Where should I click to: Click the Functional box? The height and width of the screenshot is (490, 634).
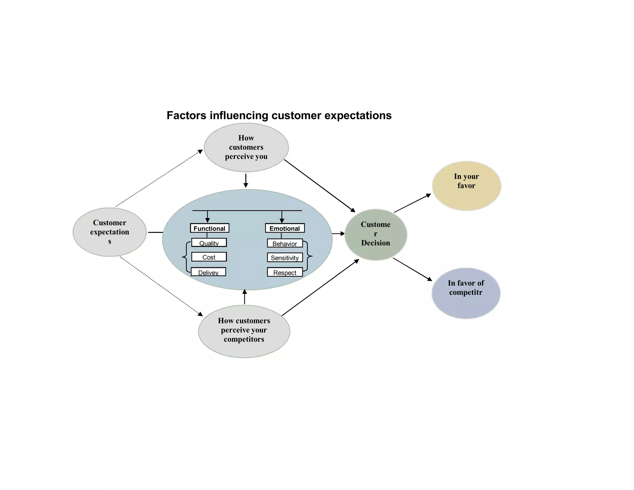coord(210,228)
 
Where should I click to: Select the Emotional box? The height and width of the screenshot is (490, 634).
coord(285,228)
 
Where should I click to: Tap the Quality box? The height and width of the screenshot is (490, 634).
coord(209,243)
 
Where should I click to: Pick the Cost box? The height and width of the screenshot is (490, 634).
coord(209,257)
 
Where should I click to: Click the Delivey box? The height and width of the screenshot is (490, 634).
coord(208,272)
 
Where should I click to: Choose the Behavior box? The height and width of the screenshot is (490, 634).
coord(285,243)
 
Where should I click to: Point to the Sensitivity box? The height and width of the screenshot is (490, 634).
coord(285,258)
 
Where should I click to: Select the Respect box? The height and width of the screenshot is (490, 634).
coord(285,272)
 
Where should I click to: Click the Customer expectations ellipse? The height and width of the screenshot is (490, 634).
coord(110,232)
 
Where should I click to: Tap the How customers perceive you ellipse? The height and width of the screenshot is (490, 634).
coord(246,147)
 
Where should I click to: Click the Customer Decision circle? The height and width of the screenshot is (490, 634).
coord(376,234)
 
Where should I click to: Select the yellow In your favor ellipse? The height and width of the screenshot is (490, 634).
coord(466,186)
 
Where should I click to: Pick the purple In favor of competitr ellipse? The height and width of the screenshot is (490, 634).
coord(466,293)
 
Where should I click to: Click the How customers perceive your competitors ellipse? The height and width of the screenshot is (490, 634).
coord(244,331)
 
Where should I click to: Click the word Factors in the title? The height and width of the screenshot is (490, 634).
coord(186,116)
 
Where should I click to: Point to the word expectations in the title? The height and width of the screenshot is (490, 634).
coord(358,116)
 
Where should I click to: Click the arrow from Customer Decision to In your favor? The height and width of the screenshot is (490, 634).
coord(412,203)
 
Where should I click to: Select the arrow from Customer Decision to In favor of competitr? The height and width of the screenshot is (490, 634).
coord(412,269)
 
